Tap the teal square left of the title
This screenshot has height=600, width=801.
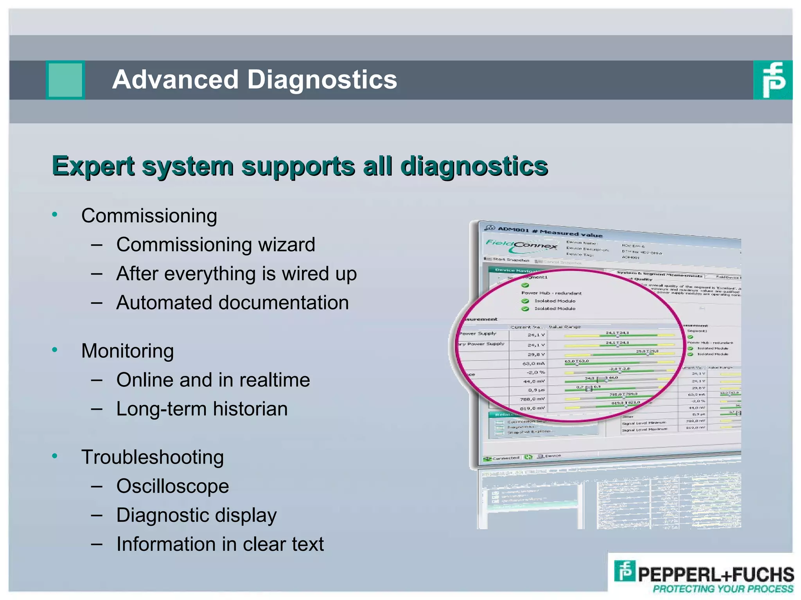(x=65, y=80)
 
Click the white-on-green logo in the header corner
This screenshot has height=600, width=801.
(x=772, y=80)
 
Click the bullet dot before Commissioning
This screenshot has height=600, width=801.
(x=55, y=214)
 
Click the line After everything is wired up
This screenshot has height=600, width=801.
(x=236, y=273)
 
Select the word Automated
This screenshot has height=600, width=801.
(x=163, y=303)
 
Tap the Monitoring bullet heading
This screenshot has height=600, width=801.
(x=128, y=351)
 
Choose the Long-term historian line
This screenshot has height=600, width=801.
(x=202, y=409)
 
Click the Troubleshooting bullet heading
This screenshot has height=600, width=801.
(x=152, y=457)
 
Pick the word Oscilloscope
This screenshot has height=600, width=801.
(x=172, y=486)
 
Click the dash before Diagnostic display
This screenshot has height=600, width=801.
(x=97, y=516)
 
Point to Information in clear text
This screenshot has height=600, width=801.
(x=220, y=544)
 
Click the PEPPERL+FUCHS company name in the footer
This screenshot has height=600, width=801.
(x=715, y=575)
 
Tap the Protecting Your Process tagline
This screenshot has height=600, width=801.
(x=723, y=589)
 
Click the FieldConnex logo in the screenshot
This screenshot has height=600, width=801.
(x=521, y=245)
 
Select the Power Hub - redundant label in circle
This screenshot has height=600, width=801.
(x=551, y=293)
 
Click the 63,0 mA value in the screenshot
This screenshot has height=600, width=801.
(x=533, y=364)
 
